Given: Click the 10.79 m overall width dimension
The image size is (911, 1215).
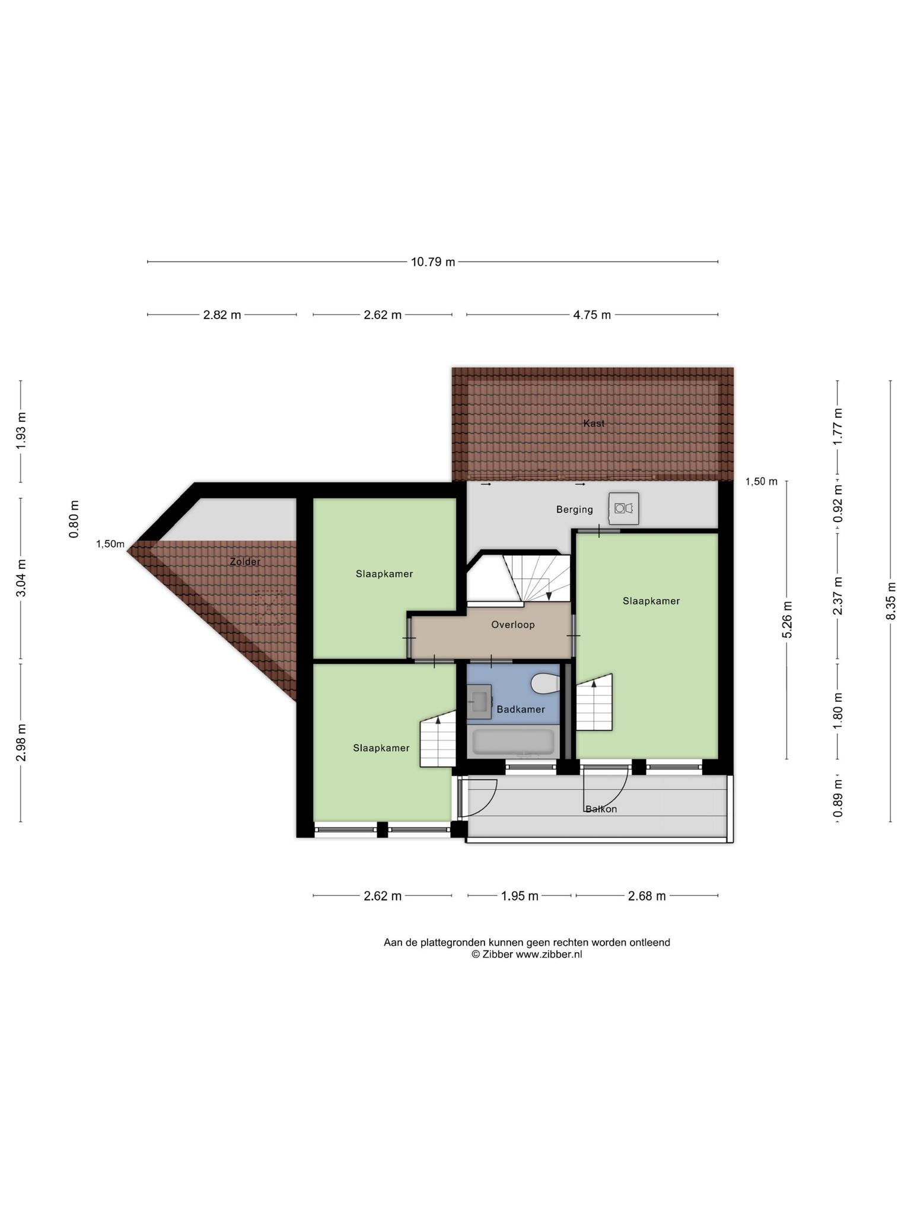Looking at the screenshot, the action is (x=433, y=262).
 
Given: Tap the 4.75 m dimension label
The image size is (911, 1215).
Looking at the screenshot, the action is (x=592, y=315).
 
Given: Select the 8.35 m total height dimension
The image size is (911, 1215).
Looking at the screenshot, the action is (x=891, y=601).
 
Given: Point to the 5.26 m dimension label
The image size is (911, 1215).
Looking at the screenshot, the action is (x=787, y=620).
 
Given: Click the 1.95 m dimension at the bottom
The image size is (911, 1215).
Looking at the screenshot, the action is (x=520, y=896).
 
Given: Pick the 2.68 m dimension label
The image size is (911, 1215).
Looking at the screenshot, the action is (x=647, y=896).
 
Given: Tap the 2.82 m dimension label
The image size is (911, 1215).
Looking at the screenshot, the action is (x=222, y=315).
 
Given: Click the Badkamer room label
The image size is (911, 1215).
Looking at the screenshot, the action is (x=521, y=710).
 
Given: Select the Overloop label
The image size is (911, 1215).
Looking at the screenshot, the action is (x=513, y=625).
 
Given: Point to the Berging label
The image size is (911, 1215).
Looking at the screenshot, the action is (x=575, y=510).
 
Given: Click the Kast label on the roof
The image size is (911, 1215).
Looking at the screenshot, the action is (x=594, y=424).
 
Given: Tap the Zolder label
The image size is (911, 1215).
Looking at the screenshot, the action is (x=245, y=561).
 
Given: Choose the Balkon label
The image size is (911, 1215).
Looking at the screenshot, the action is (x=601, y=809).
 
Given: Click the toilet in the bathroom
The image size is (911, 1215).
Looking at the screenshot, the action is (x=546, y=683).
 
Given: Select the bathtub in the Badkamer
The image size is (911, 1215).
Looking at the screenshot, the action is (x=514, y=743).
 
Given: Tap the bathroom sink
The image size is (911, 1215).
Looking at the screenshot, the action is (x=479, y=702).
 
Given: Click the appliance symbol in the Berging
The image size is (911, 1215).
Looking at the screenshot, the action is (x=624, y=508).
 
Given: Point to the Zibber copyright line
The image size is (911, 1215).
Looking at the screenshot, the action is (x=527, y=955).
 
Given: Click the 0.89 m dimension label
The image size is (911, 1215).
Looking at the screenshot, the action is (x=838, y=797).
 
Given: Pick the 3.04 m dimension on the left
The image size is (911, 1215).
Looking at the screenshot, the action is (x=21, y=578).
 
